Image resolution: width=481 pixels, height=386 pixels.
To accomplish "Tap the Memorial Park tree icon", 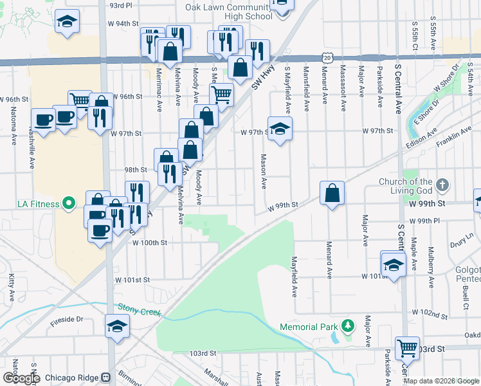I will (x=348, y=326).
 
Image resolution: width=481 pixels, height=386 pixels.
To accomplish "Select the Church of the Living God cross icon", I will (x=442, y=185).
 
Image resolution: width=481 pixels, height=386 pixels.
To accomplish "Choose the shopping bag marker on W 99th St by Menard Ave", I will (x=332, y=193).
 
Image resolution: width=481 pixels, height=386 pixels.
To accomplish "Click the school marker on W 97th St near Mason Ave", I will (x=280, y=128).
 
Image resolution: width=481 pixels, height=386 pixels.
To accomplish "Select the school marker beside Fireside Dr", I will (x=118, y=326).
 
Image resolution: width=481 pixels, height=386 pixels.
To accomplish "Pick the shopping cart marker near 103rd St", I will (x=407, y=348).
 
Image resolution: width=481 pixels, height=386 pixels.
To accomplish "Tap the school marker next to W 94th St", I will (x=68, y=22).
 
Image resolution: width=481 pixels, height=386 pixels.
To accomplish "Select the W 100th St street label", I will (x=150, y=243).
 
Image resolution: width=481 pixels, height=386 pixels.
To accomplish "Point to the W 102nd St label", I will (x=430, y=314).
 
